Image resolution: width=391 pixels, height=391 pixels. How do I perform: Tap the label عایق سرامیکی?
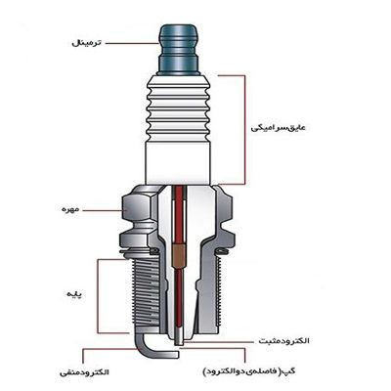tap(278, 127)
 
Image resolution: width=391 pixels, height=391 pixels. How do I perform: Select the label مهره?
tap(70, 209)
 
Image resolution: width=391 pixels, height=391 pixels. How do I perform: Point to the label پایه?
tap(74, 294)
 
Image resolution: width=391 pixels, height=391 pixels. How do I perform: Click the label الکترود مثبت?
tap(283, 341)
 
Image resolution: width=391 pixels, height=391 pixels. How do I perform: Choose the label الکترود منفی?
tap(84, 372)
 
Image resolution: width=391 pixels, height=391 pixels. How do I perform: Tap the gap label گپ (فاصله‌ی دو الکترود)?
tap(249, 371)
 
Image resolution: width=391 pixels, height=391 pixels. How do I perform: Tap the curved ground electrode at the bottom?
tap(147, 349)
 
